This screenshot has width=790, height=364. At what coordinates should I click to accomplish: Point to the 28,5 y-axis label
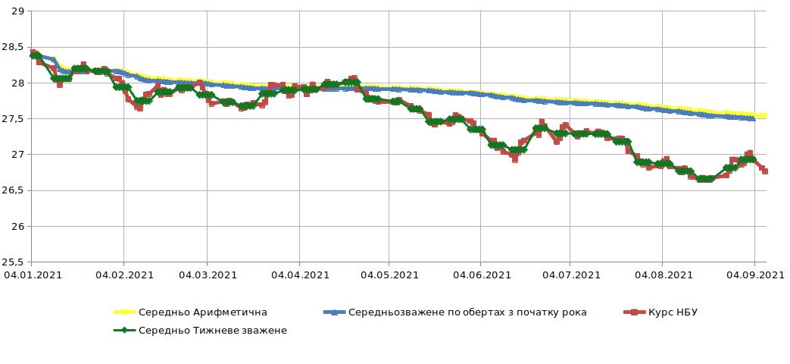[14, 47]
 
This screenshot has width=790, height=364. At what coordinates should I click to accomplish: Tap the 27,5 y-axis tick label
[14, 119]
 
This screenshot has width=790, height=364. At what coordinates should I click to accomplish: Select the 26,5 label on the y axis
[14, 191]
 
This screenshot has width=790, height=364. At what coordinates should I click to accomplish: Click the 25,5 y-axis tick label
[14, 262]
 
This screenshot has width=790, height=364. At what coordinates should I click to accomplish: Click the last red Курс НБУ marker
[765, 171]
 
